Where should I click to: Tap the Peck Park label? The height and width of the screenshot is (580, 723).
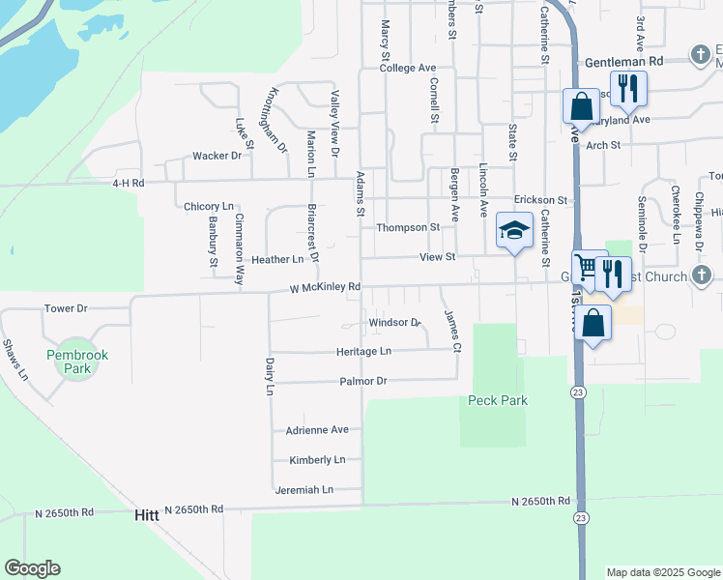(498, 400)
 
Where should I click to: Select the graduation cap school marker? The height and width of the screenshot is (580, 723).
(514, 231)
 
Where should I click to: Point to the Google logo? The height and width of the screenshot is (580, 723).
(32, 568)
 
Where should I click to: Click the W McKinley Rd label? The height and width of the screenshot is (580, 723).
(325, 287)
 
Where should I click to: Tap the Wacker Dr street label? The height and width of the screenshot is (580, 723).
(217, 156)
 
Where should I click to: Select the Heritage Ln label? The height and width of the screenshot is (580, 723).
(363, 351)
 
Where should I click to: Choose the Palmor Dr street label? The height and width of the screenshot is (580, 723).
(362, 381)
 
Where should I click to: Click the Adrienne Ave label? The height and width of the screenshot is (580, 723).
(316, 429)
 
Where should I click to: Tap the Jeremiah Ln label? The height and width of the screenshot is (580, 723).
(304, 490)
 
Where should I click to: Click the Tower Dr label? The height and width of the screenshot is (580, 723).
(66, 308)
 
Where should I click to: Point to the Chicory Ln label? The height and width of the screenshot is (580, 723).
(209, 206)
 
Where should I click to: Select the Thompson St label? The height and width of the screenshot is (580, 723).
(408, 227)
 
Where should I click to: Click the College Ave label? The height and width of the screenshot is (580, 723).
(408, 69)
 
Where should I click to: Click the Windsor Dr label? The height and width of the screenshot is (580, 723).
(394, 322)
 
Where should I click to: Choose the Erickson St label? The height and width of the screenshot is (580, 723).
(539, 200)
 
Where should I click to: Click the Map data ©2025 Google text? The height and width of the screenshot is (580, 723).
(662, 572)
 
